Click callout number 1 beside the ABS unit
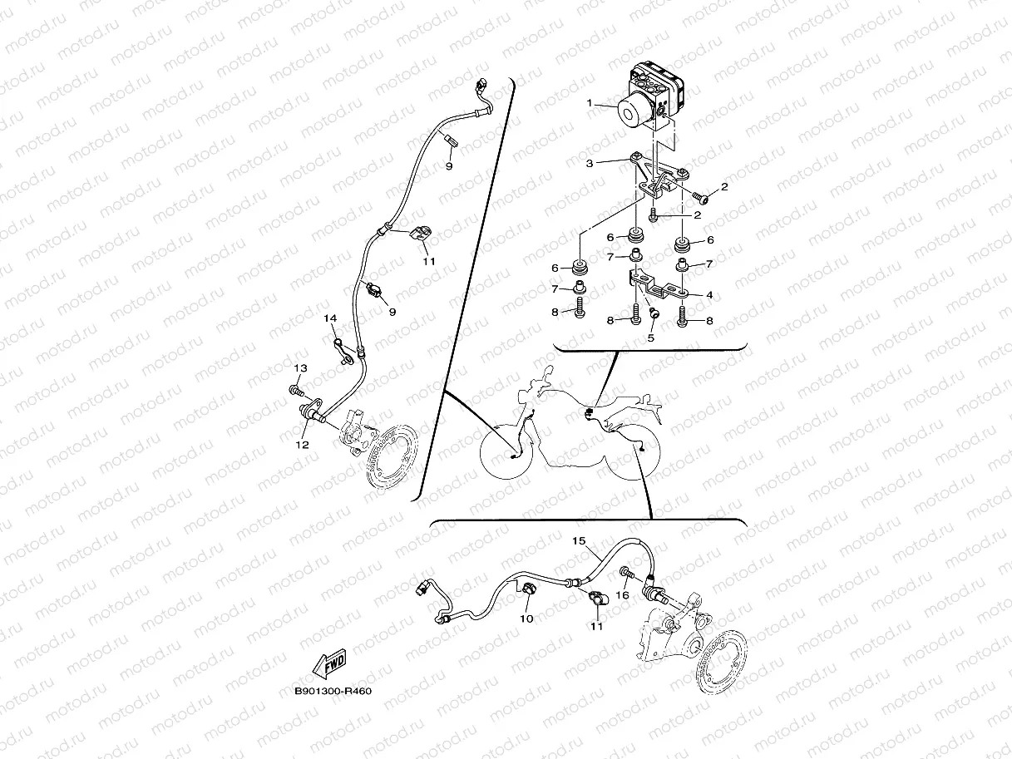click(590, 104)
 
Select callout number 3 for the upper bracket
click(590, 164)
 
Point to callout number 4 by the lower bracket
click(709, 294)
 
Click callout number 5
click(651, 338)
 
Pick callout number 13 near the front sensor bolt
click(299, 367)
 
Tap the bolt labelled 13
click(296, 389)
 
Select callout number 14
click(330, 318)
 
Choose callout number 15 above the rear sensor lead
click(579, 540)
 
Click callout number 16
click(622, 595)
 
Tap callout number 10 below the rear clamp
click(526, 619)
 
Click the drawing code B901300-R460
click(332, 691)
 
